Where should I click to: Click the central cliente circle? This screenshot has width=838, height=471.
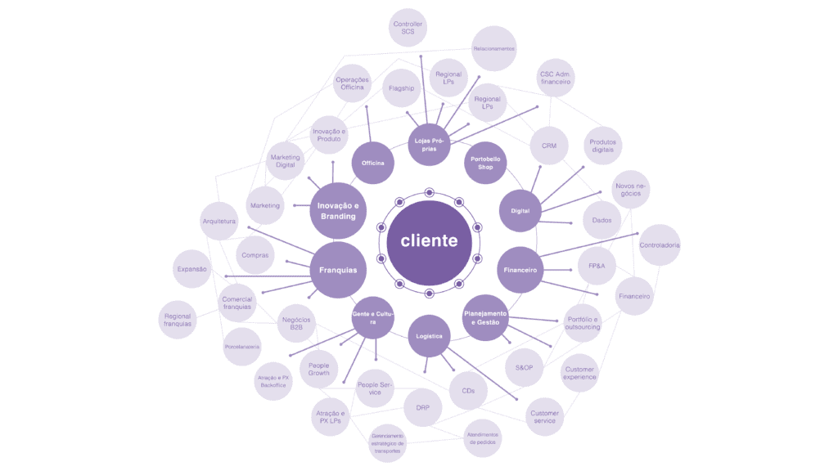pos(429,242)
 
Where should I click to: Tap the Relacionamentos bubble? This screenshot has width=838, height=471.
pos(494,48)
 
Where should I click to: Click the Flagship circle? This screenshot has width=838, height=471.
pos(402,87)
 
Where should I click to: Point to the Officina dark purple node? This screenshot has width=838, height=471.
pos(373,163)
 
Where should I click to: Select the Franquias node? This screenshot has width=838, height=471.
pos(338,269)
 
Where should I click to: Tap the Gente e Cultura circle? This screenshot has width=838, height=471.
pos(373,318)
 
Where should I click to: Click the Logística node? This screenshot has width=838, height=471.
pos(430,336)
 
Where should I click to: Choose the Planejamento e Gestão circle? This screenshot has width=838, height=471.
pos(486,317)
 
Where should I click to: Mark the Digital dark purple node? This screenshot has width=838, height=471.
pos(520,211)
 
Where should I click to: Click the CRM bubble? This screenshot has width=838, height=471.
pos(549,146)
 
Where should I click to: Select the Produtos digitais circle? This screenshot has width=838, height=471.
pos(604,146)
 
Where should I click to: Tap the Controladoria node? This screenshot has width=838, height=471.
pos(660,245)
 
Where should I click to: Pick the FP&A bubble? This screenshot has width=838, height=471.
pos(597,266)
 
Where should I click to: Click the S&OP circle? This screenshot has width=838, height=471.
pos(525,368)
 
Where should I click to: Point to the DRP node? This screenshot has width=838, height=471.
pos(423,407)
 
